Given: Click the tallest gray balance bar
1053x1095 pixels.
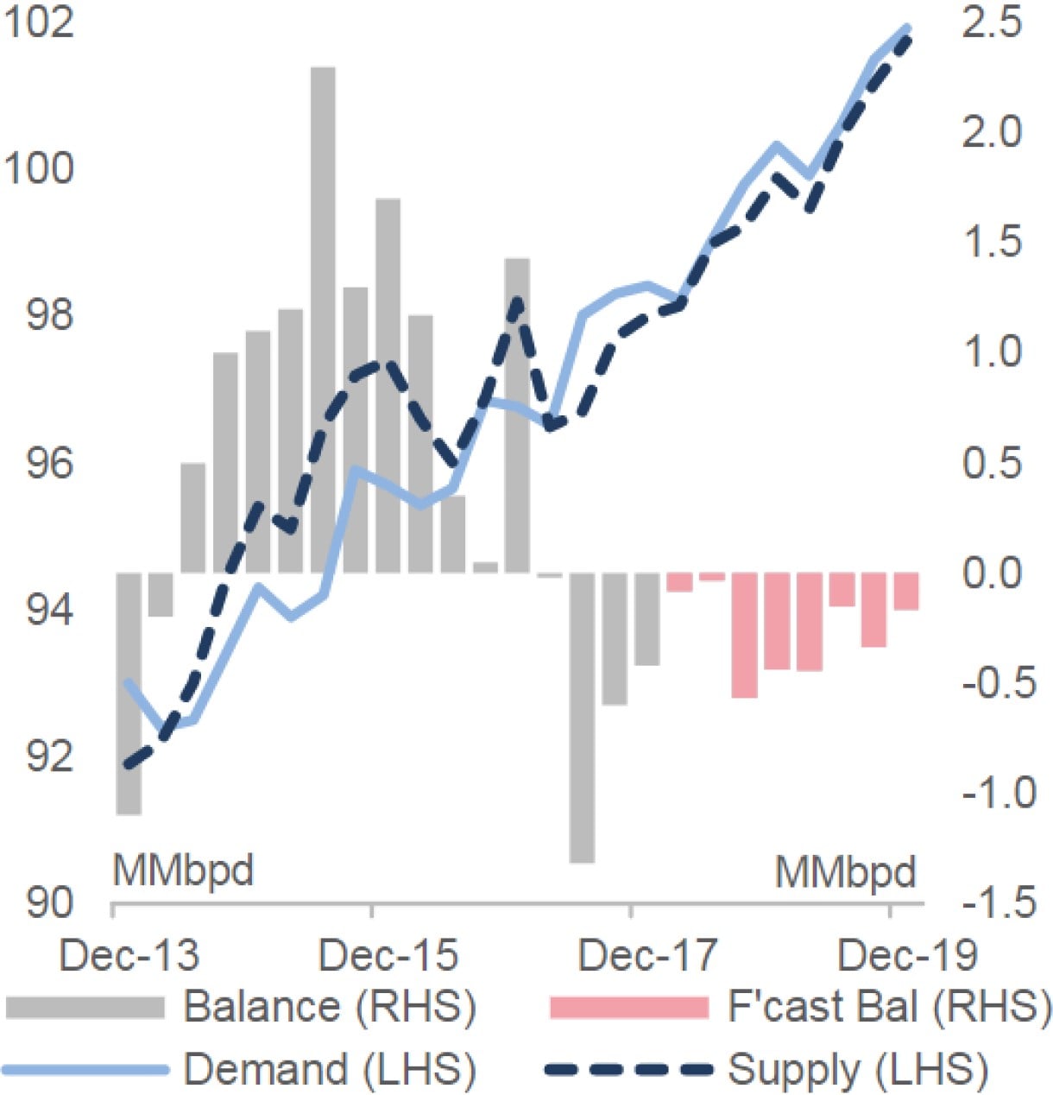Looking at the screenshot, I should (x=323, y=320).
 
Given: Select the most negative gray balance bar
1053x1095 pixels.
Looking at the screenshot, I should (x=582, y=717).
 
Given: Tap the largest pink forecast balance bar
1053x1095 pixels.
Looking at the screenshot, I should (x=744, y=635).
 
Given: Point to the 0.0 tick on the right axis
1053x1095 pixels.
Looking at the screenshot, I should (x=992, y=573).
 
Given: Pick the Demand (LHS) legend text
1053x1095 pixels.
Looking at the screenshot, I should (x=329, y=1070).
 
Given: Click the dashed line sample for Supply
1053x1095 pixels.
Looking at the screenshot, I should (x=627, y=1070).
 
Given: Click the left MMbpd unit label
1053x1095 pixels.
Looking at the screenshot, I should (x=183, y=870).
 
